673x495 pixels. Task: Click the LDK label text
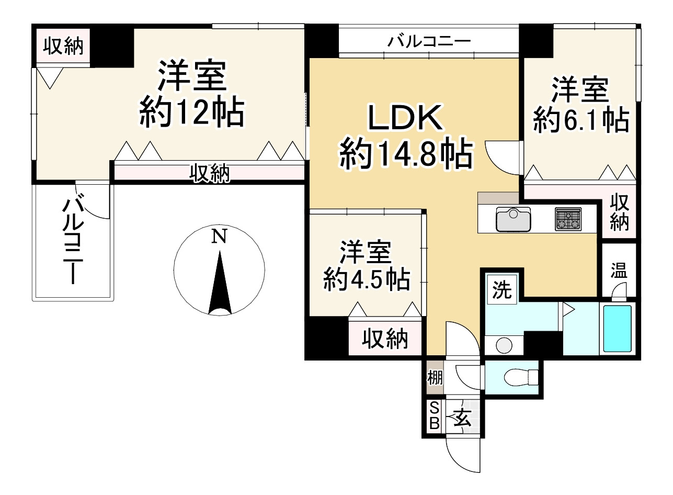[x=406, y=118]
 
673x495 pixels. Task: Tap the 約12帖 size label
[x=192, y=111]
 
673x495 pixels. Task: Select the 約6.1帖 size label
[x=581, y=120]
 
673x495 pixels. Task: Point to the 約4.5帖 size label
[x=366, y=279]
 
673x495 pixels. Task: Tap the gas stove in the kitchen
[x=568, y=219]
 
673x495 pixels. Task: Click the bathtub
[x=618, y=329]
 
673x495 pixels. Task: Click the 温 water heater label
[x=619, y=270]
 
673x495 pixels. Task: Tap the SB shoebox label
[x=434, y=417]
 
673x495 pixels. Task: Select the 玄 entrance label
[x=462, y=418]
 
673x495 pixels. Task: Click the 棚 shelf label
[x=435, y=377]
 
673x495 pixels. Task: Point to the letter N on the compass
[x=219, y=236]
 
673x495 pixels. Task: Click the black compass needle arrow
[x=220, y=283]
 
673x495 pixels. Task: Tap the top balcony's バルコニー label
[x=429, y=41]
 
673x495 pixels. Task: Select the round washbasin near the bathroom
[x=504, y=345]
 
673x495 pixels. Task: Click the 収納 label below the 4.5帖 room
[x=384, y=339]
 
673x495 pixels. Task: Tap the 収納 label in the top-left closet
[x=63, y=47]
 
